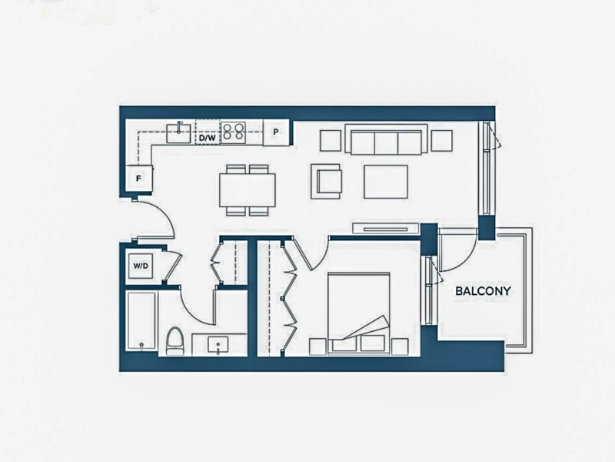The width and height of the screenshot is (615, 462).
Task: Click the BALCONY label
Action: tap(483, 291)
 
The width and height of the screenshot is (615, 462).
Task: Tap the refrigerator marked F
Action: tap(138, 179)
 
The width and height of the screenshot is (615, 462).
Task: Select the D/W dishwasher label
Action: tap(207, 138)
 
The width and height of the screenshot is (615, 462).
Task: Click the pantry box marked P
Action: tap(276, 132)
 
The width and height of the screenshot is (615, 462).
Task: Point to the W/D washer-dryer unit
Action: tap(141, 266)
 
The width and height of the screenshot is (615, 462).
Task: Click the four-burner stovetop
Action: tap(234, 132)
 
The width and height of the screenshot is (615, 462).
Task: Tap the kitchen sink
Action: tap(179, 132)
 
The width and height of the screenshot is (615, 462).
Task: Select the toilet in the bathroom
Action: tap(175, 341)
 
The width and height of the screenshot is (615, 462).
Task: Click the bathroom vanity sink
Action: tap(218, 345)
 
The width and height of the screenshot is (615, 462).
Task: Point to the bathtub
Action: tap(141, 321)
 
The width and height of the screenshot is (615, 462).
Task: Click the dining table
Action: tap(247, 189)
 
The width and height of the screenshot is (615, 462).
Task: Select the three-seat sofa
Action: tap(387, 139)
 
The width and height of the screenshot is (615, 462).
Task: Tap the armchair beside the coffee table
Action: tap(326, 181)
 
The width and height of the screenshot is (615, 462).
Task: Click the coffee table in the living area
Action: tap(386, 182)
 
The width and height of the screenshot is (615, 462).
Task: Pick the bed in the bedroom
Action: tap(359, 313)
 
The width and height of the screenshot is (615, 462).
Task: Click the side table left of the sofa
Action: tap(331, 141)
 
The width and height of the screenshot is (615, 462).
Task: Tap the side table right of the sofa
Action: tap(441, 141)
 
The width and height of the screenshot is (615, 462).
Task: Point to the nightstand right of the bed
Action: tap(400, 346)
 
